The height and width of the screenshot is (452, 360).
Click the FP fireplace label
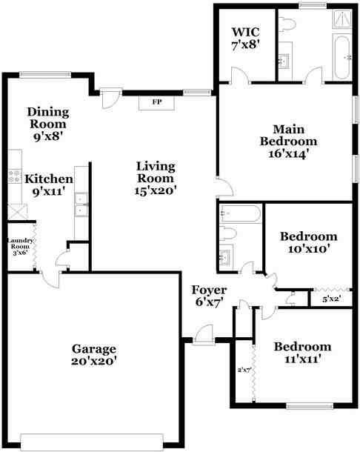tap(156, 102)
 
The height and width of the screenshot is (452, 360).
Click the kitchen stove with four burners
tap(13, 176)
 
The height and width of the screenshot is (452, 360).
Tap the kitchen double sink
tap(81, 204)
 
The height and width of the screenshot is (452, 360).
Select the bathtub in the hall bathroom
tap(240, 214)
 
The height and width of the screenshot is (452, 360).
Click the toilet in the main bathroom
tap(290, 24)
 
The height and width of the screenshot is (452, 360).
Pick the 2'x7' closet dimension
tap(244, 369)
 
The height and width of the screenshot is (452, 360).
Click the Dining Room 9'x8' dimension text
tap(48, 136)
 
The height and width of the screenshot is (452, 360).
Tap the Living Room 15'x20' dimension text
tap(156, 190)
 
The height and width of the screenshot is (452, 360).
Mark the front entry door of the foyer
tap(202, 337)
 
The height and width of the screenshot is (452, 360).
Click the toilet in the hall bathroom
tap(229, 234)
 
